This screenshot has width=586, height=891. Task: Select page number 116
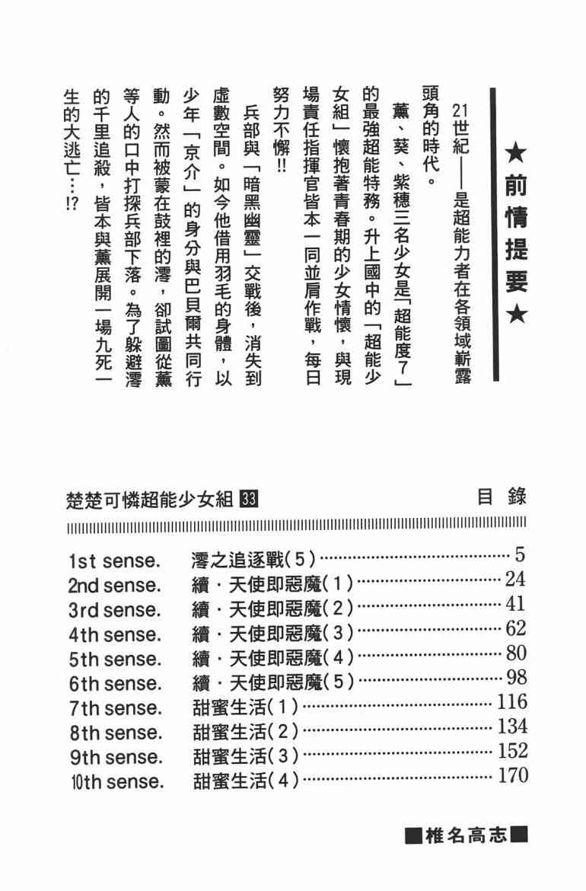pyautogui.click(x=511, y=701)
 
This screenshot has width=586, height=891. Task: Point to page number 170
pyautogui.click(x=511, y=775)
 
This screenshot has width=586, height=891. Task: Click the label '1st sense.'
pyautogui.click(x=113, y=561)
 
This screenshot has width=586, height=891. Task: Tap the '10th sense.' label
pyautogui.click(x=115, y=781)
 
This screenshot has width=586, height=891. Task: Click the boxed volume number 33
pyautogui.click(x=250, y=500)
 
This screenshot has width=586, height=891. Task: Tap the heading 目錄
pyautogui.click(x=502, y=498)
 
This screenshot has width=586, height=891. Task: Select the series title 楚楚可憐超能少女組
pyautogui.click(x=151, y=500)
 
